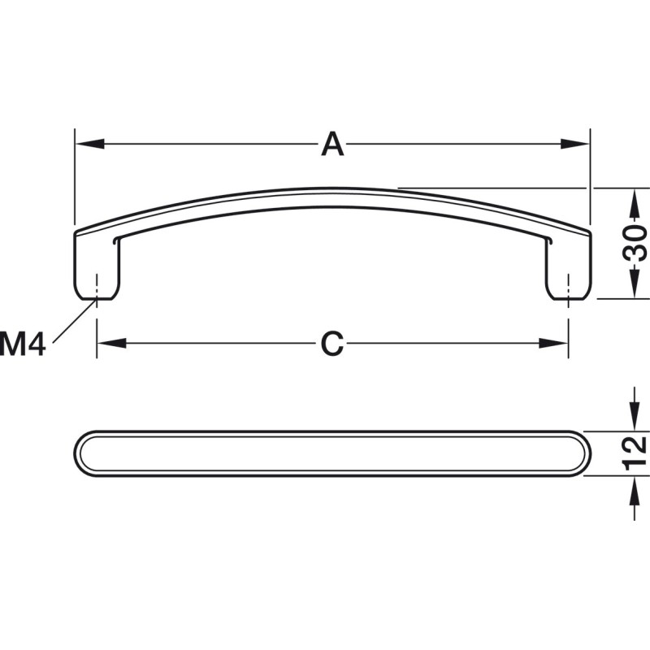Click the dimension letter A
(332, 144)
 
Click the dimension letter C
(332, 344)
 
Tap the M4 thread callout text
(23, 344)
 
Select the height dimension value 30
(635, 243)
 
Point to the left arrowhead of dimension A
(89, 144)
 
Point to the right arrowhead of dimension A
(574, 144)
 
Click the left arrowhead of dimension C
(111, 343)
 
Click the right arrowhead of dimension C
(553, 343)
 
